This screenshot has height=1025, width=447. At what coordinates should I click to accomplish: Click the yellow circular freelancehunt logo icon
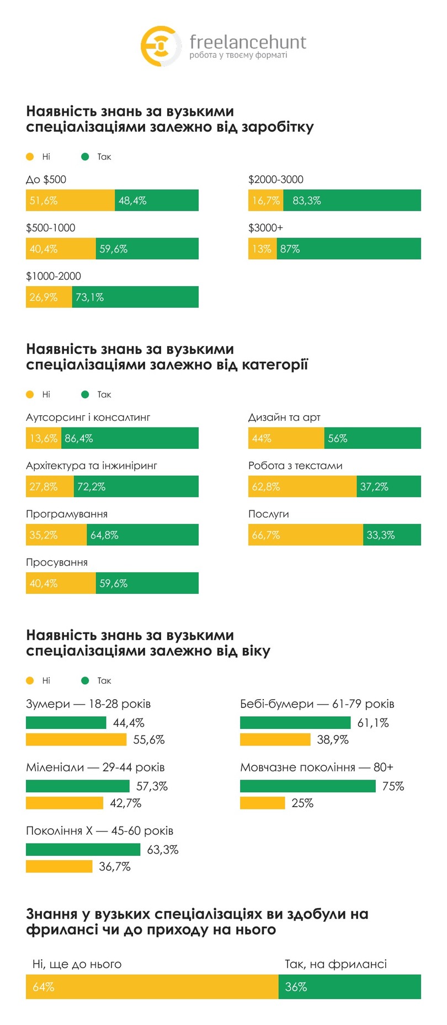(160, 46)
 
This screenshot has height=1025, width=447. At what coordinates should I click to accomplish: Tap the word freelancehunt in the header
(247, 42)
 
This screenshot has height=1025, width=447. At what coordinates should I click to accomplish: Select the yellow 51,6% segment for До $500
(70, 201)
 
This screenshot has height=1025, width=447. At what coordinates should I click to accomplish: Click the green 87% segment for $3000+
(348, 249)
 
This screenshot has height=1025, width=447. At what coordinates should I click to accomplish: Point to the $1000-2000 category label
(54, 276)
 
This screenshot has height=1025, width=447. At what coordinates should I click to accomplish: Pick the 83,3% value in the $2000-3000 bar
(307, 201)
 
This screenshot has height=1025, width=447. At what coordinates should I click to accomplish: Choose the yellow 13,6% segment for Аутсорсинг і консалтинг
(43, 438)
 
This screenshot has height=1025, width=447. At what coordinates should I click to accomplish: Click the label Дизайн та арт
(284, 417)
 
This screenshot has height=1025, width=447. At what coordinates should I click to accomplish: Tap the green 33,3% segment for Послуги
(392, 535)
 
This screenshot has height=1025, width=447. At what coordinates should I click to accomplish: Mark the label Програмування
(67, 514)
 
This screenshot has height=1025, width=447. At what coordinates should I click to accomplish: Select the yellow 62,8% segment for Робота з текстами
(302, 487)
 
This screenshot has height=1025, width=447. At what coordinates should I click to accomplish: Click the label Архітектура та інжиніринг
(92, 466)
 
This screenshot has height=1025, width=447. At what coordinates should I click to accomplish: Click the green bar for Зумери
(66, 723)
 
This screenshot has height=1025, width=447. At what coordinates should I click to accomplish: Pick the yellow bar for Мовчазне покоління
(262, 803)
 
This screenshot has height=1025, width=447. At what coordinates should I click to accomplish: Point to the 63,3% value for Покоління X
(163, 850)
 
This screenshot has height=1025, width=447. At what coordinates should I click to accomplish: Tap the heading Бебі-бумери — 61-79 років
(317, 704)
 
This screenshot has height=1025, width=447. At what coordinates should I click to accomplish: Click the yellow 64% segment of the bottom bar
(152, 987)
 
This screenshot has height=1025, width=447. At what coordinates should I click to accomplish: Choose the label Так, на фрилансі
(336, 964)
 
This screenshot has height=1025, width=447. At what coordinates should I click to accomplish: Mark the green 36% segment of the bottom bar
(349, 987)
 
